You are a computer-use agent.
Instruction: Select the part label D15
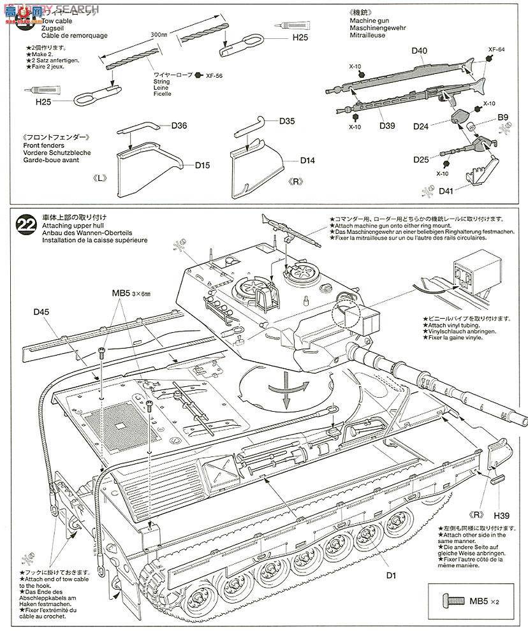point(185,165)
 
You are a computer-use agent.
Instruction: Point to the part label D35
point(287,120)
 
